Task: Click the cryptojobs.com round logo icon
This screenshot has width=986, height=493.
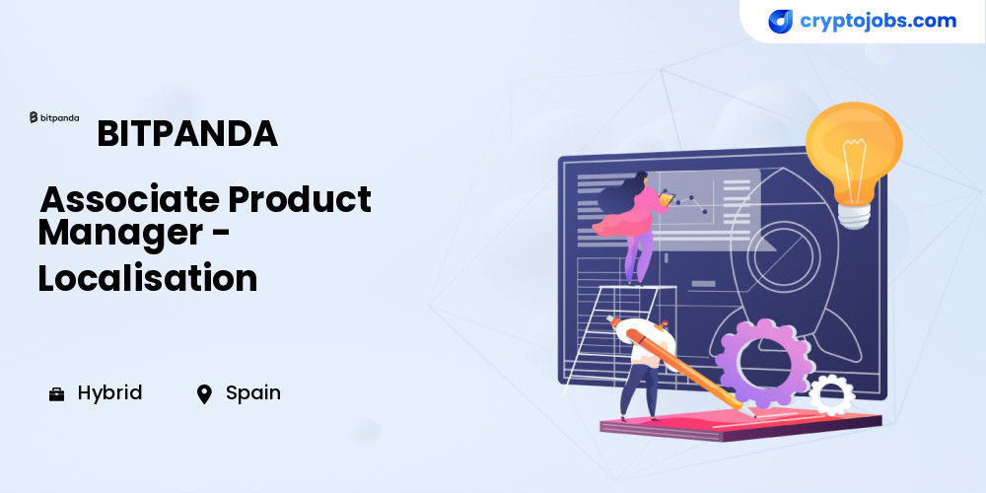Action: (780, 22)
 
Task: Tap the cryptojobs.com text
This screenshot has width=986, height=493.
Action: (878, 21)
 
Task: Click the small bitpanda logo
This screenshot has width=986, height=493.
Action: (54, 117)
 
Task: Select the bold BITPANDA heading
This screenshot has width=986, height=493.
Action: (187, 133)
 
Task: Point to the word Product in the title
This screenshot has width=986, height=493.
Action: (300, 199)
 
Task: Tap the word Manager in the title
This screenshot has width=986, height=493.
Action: (120, 234)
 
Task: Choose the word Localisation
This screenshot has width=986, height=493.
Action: (148, 277)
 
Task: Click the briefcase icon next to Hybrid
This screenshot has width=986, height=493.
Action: (56, 394)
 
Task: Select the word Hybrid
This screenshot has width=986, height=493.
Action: (110, 393)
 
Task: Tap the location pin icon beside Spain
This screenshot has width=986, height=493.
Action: (204, 394)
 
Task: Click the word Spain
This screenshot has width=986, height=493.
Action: (253, 393)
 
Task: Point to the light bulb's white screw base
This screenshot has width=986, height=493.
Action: (853, 215)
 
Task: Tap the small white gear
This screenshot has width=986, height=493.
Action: (831, 395)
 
